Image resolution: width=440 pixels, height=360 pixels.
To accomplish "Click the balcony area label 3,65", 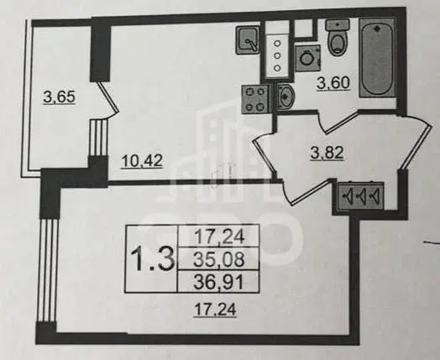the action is tap(60, 97).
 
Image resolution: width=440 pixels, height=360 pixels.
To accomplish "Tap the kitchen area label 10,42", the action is tap(142, 161).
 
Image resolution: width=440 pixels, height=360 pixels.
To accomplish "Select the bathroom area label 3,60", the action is tap(333, 83).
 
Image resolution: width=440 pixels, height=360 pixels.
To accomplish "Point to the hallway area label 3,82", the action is tap(327, 153).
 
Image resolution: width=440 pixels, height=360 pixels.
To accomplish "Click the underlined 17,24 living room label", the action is tap(215, 310).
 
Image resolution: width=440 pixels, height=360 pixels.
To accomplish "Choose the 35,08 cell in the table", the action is tap(219, 259).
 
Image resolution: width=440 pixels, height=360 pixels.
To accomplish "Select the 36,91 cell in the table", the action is tap(219, 282).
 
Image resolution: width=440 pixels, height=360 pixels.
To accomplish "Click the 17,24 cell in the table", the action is tap(219, 237).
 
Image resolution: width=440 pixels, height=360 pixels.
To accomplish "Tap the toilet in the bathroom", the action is tap(337, 37).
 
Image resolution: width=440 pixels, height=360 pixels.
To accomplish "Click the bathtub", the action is tap(377, 57).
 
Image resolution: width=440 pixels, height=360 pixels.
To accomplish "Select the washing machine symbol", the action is tap(308, 58).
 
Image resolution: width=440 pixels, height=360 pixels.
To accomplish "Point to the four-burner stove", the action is tap(255, 99).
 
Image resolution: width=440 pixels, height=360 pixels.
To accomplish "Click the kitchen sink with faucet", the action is tap(248, 39).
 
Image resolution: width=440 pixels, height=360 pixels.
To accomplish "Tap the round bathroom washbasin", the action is tap(285, 97).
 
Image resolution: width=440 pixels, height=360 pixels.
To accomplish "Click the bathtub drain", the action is tap(377, 28).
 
